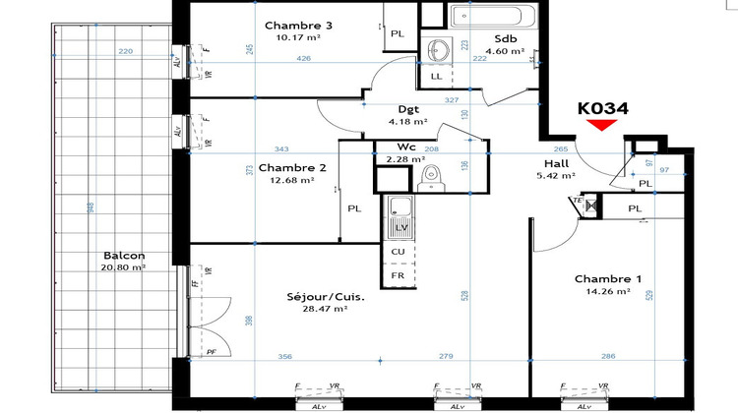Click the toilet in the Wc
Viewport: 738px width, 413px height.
[429, 176]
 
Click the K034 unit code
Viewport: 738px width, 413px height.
[602, 109]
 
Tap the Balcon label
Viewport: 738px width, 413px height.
[123, 255]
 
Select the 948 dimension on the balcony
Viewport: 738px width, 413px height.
[90, 206]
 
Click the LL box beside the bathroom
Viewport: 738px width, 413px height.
[436, 77]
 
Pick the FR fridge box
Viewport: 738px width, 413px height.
[400, 276]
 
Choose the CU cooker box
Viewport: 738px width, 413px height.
[400, 252]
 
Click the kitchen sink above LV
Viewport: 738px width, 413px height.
[400, 208]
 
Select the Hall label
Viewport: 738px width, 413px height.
[558, 164]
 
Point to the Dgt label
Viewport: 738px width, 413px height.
[407, 109]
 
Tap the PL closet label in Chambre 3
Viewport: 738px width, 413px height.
[398, 33]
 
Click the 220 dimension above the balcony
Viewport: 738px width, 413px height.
[125, 51]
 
